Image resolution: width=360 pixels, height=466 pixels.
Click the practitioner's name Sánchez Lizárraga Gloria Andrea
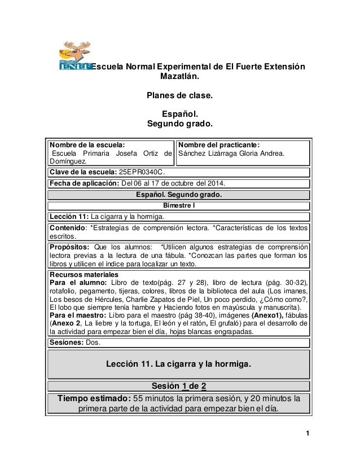click(x=232, y=153)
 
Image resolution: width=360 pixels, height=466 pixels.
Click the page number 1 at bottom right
click(x=308, y=433)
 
